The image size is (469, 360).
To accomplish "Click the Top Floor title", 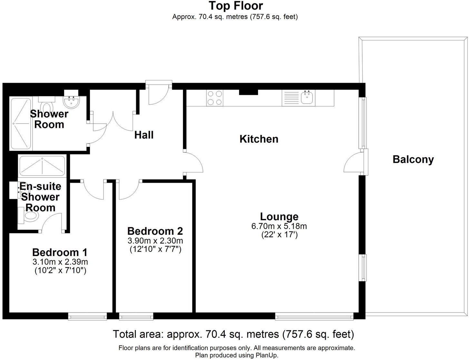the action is tap(236, 6).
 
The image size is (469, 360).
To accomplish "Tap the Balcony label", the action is tap(413, 159).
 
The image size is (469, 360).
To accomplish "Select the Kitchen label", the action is tap(259, 139).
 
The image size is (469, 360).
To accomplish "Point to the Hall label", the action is tap(144, 135).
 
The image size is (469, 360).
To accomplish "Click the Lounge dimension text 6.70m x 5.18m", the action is tap(279, 226).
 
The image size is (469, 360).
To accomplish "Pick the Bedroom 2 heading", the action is tap(155, 231).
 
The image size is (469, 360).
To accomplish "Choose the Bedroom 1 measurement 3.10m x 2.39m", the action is tap(60, 262).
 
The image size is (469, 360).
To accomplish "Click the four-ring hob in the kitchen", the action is tap(215, 98).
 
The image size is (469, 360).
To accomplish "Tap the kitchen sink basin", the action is tap(307, 97).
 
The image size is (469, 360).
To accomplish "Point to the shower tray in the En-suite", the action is tap(42, 166).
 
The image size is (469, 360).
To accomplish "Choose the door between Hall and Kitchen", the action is tap(193, 162).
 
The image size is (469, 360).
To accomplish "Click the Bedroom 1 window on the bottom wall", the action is tap(87, 317).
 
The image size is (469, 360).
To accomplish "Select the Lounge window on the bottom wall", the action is tap(314, 317).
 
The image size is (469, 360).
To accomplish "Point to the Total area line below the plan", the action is tap(233, 334).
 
